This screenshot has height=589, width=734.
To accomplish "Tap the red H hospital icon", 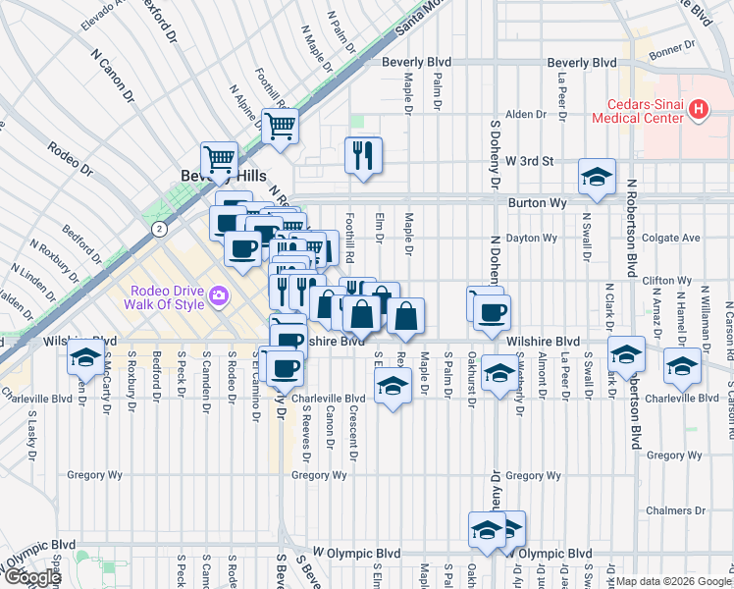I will (x=698, y=110).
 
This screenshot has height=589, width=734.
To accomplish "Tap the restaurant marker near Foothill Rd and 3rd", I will (x=363, y=154).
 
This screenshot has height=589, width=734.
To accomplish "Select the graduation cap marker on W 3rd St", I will (x=597, y=177).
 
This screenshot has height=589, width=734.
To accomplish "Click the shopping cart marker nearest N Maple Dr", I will (x=281, y=125).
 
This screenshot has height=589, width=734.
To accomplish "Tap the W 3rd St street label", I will (x=530, y=160).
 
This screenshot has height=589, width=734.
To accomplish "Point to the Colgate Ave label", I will (x=671, y=238).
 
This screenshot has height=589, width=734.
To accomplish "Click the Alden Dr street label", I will (x=525, y=115).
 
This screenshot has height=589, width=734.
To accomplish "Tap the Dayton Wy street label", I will (x=533, y=238).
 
